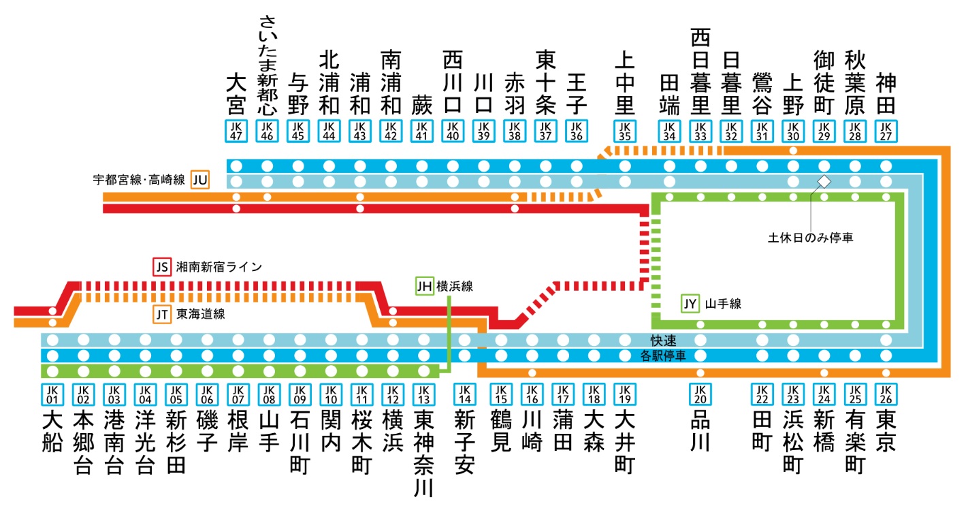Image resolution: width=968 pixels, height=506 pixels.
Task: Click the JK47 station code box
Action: [x=236, y=131]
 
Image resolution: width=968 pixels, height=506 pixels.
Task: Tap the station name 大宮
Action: [x=236, y=95]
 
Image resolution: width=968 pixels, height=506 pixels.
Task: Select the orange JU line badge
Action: [x=200, y=180]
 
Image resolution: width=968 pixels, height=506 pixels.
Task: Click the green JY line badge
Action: [x=690, y=304]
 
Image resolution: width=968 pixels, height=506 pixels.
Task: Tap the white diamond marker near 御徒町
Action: [x=824, y=181]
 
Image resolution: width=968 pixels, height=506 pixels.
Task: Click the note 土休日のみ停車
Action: [x=811, y=238]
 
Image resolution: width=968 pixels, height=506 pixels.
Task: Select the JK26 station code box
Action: [x=886, y=394]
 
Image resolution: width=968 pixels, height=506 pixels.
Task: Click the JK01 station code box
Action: [x=52, y=394]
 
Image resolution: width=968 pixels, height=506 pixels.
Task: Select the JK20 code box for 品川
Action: [x=700, y=394]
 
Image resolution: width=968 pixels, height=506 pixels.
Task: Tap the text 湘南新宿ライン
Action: [x=219, y=267]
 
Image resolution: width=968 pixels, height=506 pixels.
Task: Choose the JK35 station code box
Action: [x=624, y=131]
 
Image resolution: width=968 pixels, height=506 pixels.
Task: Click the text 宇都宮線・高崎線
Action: [x=140, y=180]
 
